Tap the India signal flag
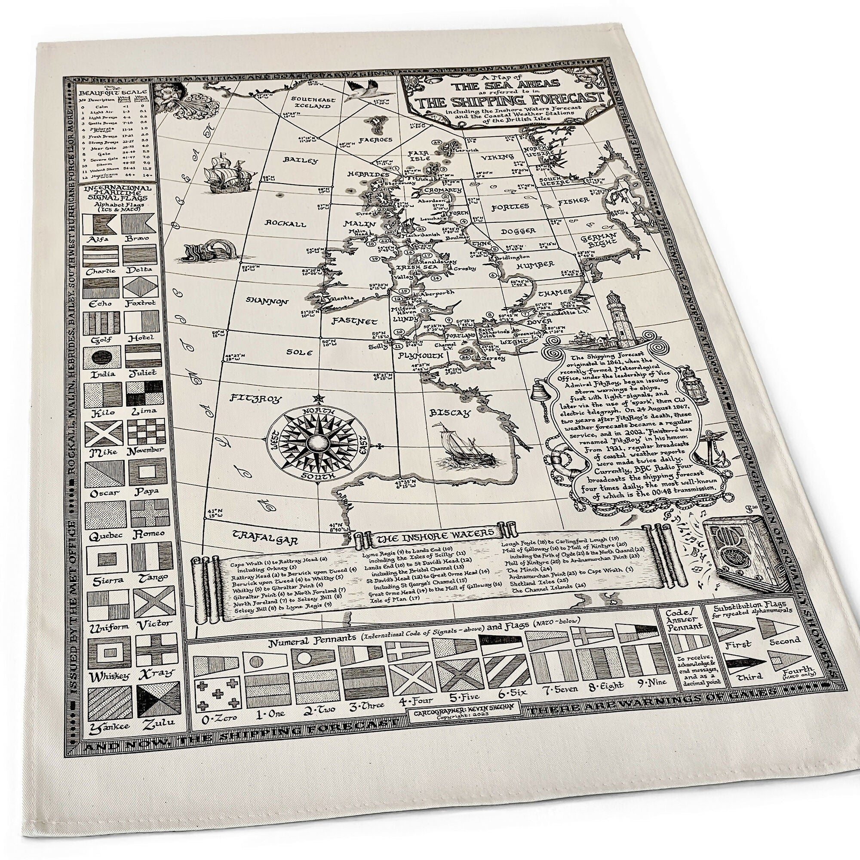pos(104,357)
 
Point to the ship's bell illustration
pos(540,392)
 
